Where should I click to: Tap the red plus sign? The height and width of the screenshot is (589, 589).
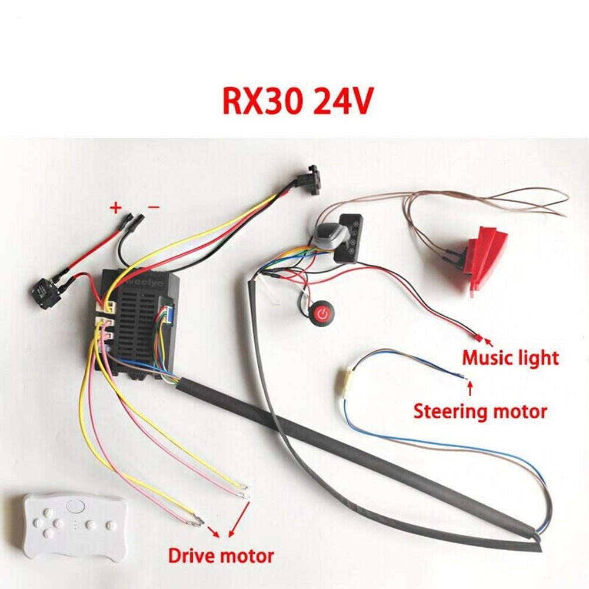tap(116, 207)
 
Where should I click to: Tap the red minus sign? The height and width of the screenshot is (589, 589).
tap(153, 207)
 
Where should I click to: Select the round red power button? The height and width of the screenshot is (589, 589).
tap(322, 313)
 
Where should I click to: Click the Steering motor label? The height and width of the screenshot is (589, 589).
tap(480, 411)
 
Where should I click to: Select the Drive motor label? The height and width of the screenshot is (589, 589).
tap(221, 555)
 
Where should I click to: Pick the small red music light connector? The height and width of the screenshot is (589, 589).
tap(477, 338)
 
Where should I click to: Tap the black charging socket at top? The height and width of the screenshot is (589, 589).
tap(310, 179)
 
